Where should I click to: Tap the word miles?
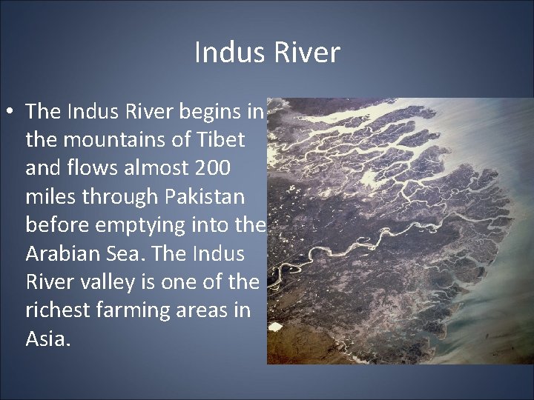click(x=50, y=196)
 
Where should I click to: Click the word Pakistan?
click(x=202, y=196)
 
